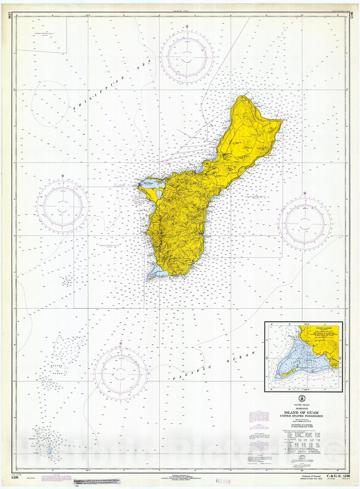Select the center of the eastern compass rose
point(305,222)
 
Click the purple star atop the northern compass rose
point(187,26)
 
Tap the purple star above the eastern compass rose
point(305,193)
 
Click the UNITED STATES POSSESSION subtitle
point(301,416)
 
